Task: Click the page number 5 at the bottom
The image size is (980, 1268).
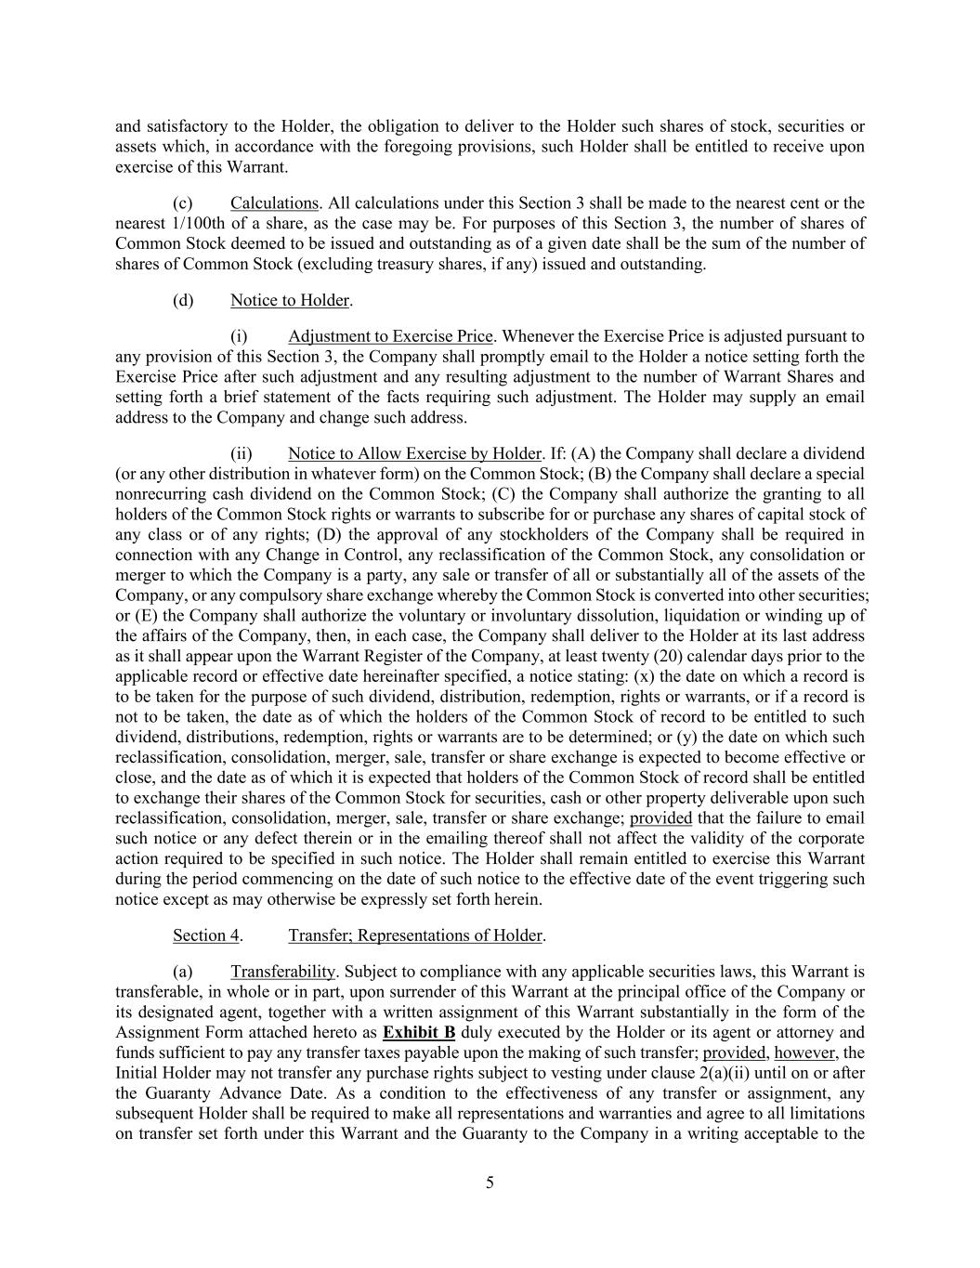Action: click(x=490, y=1183)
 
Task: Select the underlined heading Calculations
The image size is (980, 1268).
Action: click(x=274, y=203)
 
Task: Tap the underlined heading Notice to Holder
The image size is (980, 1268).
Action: click(x=290, y=300)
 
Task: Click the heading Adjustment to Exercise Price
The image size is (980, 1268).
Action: click(x=390, y=336)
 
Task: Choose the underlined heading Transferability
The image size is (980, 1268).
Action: click(x=282, y=972)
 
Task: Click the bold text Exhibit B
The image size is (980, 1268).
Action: click(x=419, y=1032)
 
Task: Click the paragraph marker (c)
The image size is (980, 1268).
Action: click(x=183, y=203)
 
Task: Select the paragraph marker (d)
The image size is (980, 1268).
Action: click(x=183, y=300)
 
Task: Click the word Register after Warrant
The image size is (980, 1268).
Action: click(x=410, y=656)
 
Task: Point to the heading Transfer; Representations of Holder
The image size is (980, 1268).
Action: click(x=415, y=935)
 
